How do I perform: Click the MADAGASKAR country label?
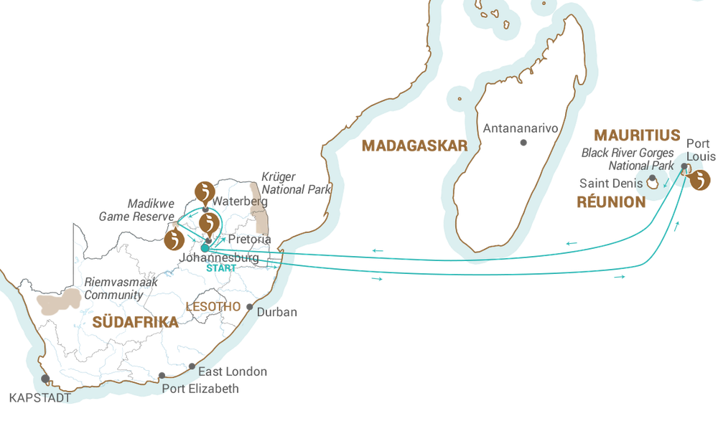click(414, 146)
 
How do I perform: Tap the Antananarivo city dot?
click(523, 143)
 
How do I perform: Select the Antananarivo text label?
click(521, 129)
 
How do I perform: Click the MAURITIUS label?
click(637, 136)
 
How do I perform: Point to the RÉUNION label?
click(610, 202)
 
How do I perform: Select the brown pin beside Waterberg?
click(203, 191)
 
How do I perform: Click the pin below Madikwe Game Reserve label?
click(173, 240)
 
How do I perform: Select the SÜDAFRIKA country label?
click(135, 322)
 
